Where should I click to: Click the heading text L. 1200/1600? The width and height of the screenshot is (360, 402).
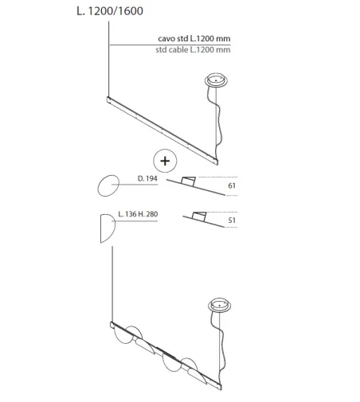(x=110, y=11)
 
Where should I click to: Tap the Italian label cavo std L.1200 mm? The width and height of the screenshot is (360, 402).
(x=194, y=39)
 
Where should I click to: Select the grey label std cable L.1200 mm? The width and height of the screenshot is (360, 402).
(x=193, y=49)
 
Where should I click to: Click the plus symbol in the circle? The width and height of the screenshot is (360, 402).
(x=165, y=161)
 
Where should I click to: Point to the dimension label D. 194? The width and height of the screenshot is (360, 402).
(x=147, y=178)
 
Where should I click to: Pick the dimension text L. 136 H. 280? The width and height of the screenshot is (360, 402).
(x=138, y=214)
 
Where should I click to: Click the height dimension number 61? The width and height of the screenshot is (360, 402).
(x=232, y=185)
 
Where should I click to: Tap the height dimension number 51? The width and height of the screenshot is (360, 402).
(x=232, y=221)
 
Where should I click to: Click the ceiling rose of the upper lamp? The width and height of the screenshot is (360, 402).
(x=216, y=80)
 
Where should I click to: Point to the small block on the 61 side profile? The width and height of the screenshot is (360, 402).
(x=188, y=181)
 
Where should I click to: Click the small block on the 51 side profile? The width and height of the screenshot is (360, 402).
(x=199, y=216)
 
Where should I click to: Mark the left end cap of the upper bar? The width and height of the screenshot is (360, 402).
(x=108, y=100)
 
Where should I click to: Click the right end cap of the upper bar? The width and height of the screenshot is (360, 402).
(x=216, y=162)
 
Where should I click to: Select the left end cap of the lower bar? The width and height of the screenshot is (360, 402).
(x=112, y=325)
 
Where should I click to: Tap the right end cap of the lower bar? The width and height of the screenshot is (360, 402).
(x=220, y=387)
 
